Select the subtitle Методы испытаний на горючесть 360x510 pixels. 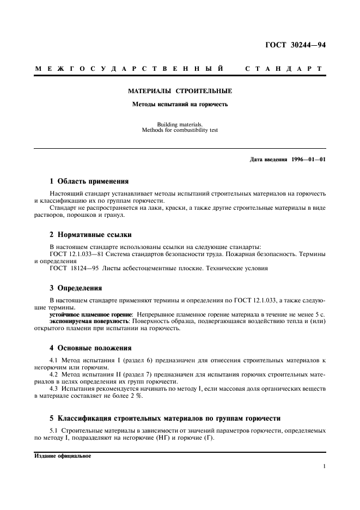(180, 104)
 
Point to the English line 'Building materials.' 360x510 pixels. (180, 124)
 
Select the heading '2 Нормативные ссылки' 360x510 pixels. (90, 235)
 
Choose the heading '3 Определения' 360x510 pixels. (76, 288)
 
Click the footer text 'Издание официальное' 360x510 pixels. (62, 456)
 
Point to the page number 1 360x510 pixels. (324, 466)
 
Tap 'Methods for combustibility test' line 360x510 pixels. (180, 130)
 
